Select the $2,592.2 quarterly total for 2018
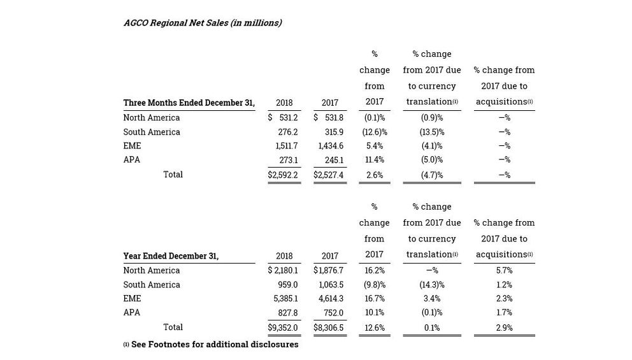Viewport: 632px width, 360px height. [x=282, y=175]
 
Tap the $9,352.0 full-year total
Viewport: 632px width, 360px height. [x=282, y=328]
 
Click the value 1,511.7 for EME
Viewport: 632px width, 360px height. [x=287, y=146]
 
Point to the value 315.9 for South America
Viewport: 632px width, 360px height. [x=334, y=133]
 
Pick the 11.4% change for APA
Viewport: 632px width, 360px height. [x=375, y=160]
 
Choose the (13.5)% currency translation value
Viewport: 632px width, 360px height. [x=432, y=133]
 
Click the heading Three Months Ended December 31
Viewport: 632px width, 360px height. [x=189, y=103]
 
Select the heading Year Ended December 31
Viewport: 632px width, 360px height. [x=171, y=256]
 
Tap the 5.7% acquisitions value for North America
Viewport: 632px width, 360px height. [x=504, y=271]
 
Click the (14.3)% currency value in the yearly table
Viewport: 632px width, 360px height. [x=432, y=285]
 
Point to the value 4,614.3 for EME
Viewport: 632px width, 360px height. [x=331, y=299]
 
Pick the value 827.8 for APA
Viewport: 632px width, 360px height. [x=288, y=312]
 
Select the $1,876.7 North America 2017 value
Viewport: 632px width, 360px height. [x=329, y=271]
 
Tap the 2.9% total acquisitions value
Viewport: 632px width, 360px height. [x=504, y=328]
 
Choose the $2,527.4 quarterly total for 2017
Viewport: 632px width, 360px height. [x=329, y=175]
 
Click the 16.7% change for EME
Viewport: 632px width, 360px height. [x=375, y=299]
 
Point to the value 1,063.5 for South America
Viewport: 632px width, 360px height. [x=331, y=285]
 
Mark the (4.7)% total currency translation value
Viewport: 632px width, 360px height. [x=432, y=175]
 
